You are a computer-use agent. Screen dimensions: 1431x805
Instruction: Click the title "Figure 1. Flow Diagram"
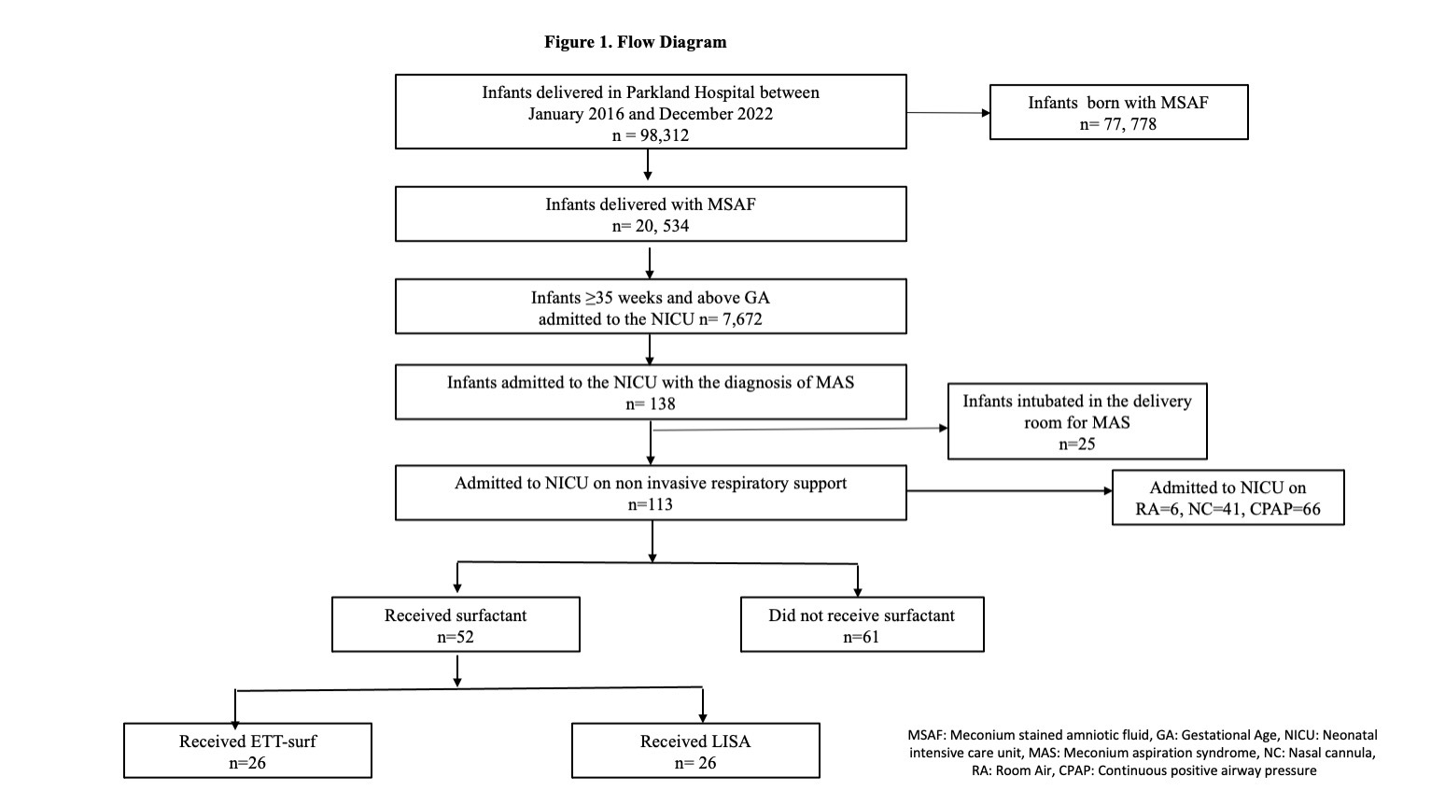click(635, 42)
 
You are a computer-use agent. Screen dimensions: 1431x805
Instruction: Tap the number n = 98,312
click(651, 135)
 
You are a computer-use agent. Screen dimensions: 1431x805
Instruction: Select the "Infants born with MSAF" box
click(1118, 112)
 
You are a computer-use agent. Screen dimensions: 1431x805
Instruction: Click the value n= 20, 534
click(651, 226)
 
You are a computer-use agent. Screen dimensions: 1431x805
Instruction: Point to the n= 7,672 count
click(730, 319)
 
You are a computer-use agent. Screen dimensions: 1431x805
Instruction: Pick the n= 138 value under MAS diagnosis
click(651, 404)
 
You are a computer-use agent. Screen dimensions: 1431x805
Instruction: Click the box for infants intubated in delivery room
click(1077, 422)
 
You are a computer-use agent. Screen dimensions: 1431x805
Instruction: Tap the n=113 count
click(651, 504)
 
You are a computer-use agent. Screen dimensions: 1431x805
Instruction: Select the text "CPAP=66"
click(1284, 509)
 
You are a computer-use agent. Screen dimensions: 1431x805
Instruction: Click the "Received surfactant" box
click(456, 625)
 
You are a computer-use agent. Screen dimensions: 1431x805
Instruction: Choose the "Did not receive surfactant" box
click(862, 625)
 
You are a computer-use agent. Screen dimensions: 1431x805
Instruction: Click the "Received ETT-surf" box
click(247, 751)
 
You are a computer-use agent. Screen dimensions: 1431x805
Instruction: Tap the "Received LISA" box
click(695, 751)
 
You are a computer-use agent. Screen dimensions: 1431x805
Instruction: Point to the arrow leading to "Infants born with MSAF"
click(948, 113)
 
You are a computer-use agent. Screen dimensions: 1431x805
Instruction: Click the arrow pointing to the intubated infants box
click(800, 429)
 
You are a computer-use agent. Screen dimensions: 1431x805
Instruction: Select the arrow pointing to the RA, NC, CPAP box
click(1009, 490)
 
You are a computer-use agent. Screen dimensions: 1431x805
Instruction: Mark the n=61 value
click(862, 637)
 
